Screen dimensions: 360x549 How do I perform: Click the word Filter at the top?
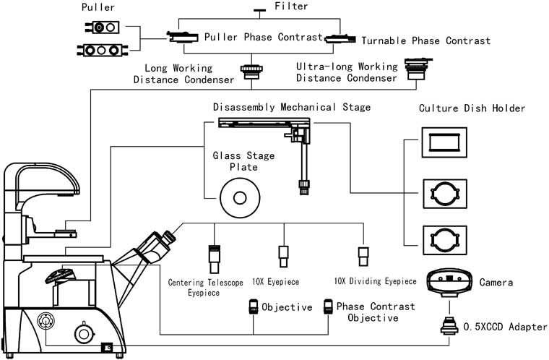291,7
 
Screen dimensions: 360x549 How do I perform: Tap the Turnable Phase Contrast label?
425,40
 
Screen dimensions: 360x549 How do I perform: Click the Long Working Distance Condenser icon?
252,71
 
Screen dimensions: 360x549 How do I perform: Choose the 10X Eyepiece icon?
283,256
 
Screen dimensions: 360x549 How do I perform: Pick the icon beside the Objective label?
254,307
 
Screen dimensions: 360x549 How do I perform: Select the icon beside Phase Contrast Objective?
329,307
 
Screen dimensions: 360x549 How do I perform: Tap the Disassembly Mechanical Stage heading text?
291,108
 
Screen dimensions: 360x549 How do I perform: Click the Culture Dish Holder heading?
472,108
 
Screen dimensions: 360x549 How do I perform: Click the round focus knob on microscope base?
85,333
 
